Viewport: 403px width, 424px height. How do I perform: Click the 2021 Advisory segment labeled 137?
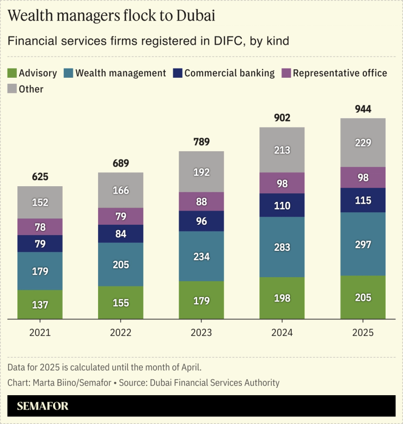pos(40,305)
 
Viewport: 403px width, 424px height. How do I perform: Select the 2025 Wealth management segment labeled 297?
pos(363,244)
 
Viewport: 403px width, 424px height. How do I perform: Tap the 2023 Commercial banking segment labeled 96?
pos(201,222)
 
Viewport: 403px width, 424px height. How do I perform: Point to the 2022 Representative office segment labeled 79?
pos(120,217)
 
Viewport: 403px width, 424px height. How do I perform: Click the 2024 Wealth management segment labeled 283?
pos(282,247)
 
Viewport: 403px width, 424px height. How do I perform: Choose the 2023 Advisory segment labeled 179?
pos(201,300)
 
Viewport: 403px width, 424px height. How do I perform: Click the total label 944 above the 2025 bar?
pos(363,109)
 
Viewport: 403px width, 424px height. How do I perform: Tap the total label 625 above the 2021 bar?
pos(40,177)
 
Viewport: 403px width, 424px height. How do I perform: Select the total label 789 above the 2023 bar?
pos(201,142)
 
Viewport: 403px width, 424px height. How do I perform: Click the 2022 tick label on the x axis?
pos(120,332)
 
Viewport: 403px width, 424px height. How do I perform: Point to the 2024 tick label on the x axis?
pos(282,332)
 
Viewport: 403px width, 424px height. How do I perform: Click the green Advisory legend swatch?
pos(12,73)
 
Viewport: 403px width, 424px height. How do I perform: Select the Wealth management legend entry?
pos(120,73)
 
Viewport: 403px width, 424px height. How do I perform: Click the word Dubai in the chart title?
pos(195,16)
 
